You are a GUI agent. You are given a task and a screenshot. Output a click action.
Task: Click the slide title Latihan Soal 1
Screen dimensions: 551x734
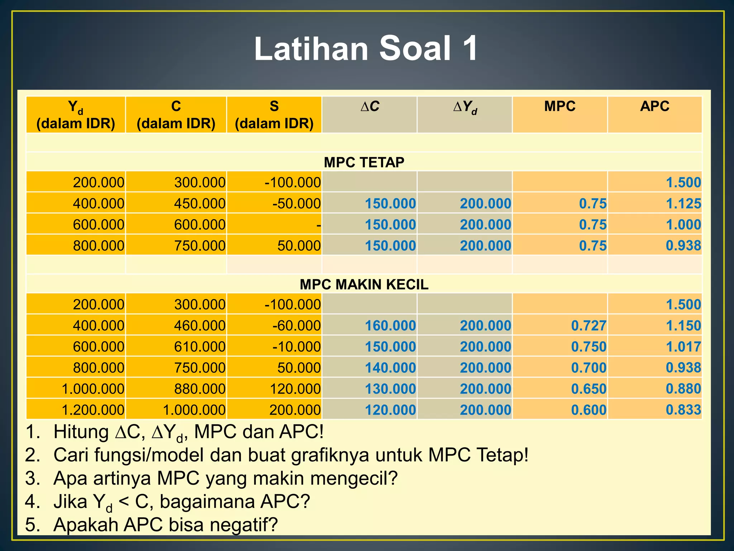[366, 49]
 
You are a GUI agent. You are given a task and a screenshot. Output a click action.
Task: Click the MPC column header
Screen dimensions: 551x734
[559, 107]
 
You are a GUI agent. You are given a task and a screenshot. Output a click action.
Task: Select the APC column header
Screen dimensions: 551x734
[654, 107]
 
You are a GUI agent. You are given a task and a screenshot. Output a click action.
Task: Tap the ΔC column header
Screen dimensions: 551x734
[370, 107]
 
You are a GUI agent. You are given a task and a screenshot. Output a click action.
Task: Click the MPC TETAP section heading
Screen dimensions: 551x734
[364, 163]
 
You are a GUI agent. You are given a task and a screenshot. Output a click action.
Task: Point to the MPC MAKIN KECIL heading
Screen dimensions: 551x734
[364, 284]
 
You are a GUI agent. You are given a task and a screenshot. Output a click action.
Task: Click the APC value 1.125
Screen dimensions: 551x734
[683, 204]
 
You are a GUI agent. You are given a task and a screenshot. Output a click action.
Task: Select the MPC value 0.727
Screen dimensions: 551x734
[588, 326]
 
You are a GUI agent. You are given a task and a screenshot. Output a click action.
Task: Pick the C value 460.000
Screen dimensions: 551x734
[200, 326]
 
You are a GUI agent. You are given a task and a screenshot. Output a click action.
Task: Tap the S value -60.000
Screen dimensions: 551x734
[296, 326]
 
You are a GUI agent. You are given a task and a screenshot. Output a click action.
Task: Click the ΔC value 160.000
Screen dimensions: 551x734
[390, 326]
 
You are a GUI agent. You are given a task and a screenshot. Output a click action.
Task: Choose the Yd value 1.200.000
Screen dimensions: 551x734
[93, 410]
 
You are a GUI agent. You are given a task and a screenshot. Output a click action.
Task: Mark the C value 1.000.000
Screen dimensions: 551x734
[194, 410]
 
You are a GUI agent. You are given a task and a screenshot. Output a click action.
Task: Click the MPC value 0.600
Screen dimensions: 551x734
[588, 410]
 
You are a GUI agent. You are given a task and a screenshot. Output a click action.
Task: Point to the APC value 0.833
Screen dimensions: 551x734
[683, 410]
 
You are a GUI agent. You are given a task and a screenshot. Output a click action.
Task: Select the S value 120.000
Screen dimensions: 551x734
[295, 389]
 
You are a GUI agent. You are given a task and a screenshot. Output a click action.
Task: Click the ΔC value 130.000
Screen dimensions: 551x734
[390, 389]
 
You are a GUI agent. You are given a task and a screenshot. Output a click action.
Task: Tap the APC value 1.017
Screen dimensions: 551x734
[683, 347]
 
